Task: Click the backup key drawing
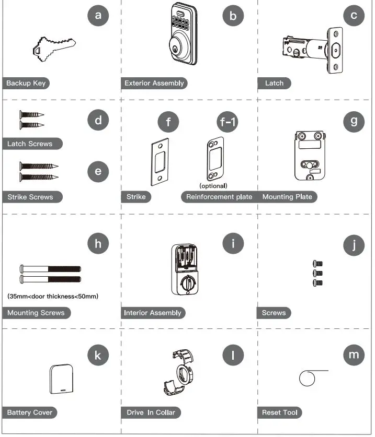click(x=54, y=49)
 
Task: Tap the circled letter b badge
click(x=233, y=16)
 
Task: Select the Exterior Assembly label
click(x=154, y=84)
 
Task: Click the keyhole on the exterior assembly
click(x=176, y=49)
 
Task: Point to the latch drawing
click(x=312, y=50)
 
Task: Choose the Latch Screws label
click(x=32, y=144)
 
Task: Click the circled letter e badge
click(x=98, y=171)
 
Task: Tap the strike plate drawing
click(x=160, y=162)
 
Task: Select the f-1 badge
click(x=228, y=122)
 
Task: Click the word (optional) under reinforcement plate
click(x=213, y=186)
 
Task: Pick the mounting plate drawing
click(x=310, y=156)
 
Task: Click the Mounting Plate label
click(x=287, y=197)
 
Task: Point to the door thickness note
click(x=53, y=296)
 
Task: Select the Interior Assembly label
click(x=153, y=313)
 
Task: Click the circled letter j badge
click(x=354, y=245)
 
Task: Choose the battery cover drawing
click(x=61, y=379)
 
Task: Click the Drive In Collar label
click(x=151, y=412)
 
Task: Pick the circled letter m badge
click(x=354, y=355)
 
